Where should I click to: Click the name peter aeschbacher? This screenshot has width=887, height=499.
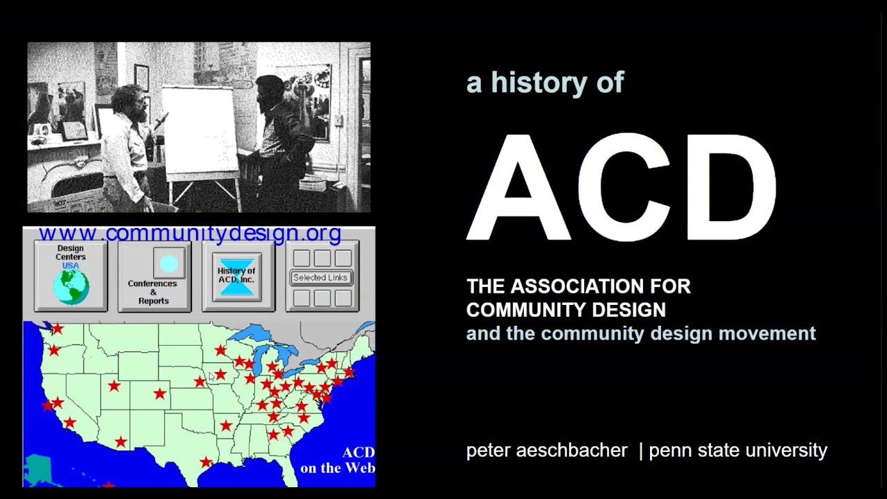coord(547,450)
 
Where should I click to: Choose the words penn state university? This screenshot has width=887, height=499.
coord(738,450)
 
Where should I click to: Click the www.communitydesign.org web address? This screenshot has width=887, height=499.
coord(190,234)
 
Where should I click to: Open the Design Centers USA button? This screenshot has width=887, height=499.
coord(71,276)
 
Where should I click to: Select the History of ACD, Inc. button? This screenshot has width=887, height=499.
coord(237,276)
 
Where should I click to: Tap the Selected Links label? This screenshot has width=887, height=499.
coord(320,277)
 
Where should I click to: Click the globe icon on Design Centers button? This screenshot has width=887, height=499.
coord(71,287)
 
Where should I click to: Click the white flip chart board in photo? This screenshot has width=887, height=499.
coord(200,132)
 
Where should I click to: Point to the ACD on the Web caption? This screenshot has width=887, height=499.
coord(339,460)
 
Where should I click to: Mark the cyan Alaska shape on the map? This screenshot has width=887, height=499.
coord(39,469)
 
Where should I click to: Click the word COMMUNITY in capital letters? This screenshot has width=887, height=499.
coord(517,310)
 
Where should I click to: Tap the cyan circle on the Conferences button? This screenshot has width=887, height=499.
coord(168,263)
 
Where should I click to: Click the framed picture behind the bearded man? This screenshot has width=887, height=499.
coord(141,78)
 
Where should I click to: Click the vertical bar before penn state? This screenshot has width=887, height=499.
coord(640,450)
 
